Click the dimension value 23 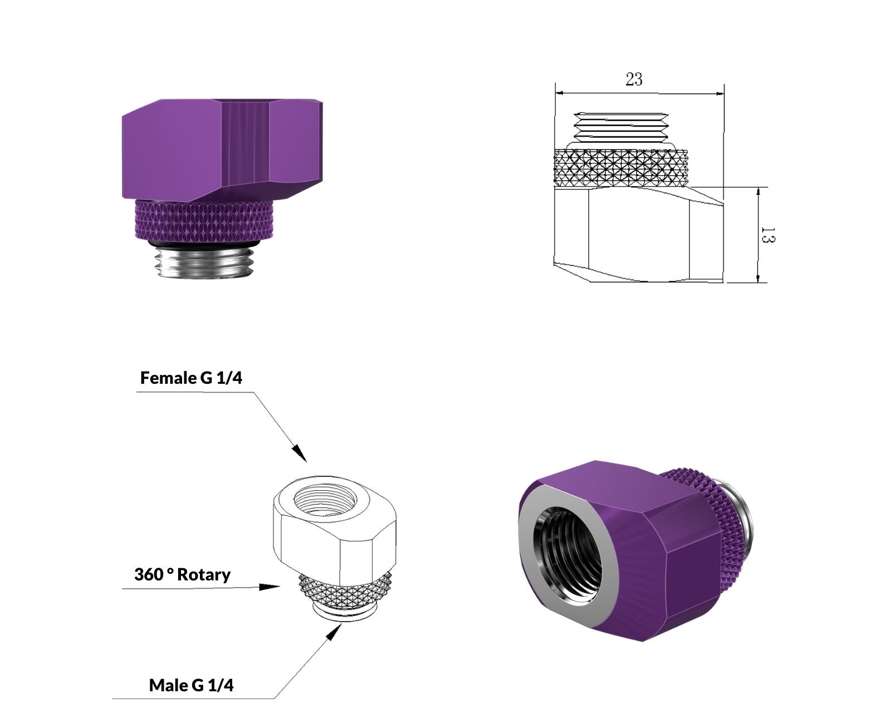[634, 79]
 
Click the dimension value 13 [768, 235]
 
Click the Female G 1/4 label [191, 378]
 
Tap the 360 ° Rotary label [182, 575]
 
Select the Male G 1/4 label [191, 685]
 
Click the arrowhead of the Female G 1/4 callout [300, 454]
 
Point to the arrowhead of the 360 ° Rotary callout [270, 587]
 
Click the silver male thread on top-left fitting [204, 261]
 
